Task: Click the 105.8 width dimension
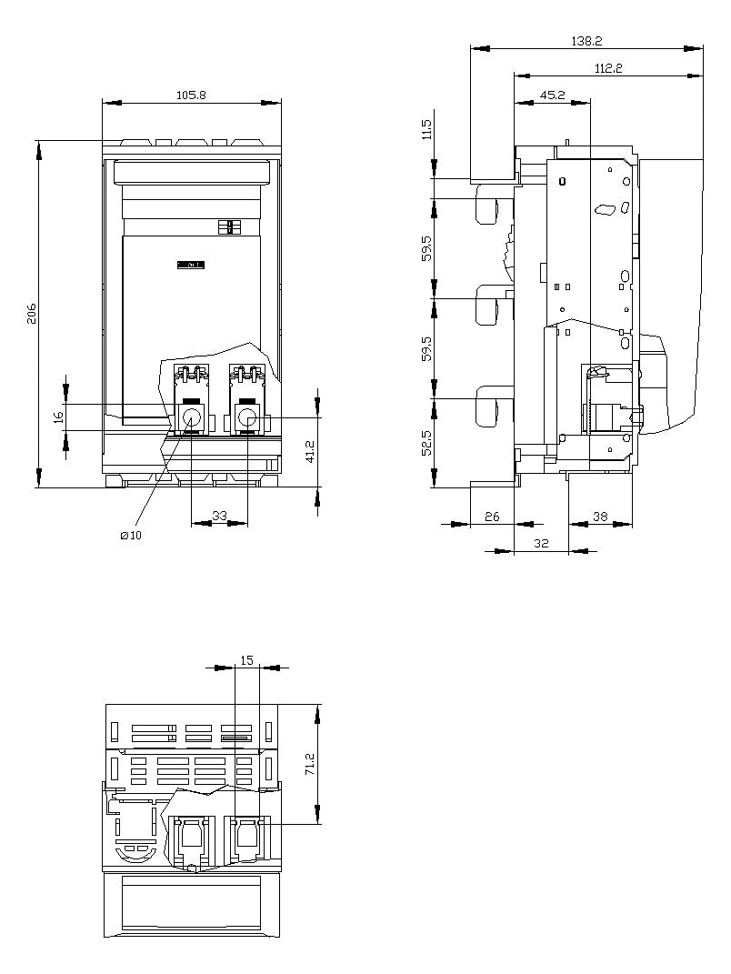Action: point(191,95)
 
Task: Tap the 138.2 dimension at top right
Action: point(587,41)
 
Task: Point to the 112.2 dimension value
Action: point(608,68)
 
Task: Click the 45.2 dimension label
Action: point(552,95)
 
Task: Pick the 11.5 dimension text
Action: point(426,130)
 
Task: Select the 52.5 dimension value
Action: point(426,442)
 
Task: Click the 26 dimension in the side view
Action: point(492,517)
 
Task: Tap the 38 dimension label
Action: point(600,517)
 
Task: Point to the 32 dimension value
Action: point(542,543)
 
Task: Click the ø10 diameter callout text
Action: point(131,536)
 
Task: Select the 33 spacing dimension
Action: point(219,516)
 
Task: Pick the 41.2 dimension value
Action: point(311,452)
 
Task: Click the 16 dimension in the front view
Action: point(59,417)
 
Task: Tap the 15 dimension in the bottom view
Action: point(247,660)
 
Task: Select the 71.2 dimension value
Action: point(311,764)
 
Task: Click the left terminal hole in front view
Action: point(191,417)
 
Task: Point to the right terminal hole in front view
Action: point(248,417)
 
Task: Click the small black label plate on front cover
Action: point(191,266)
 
